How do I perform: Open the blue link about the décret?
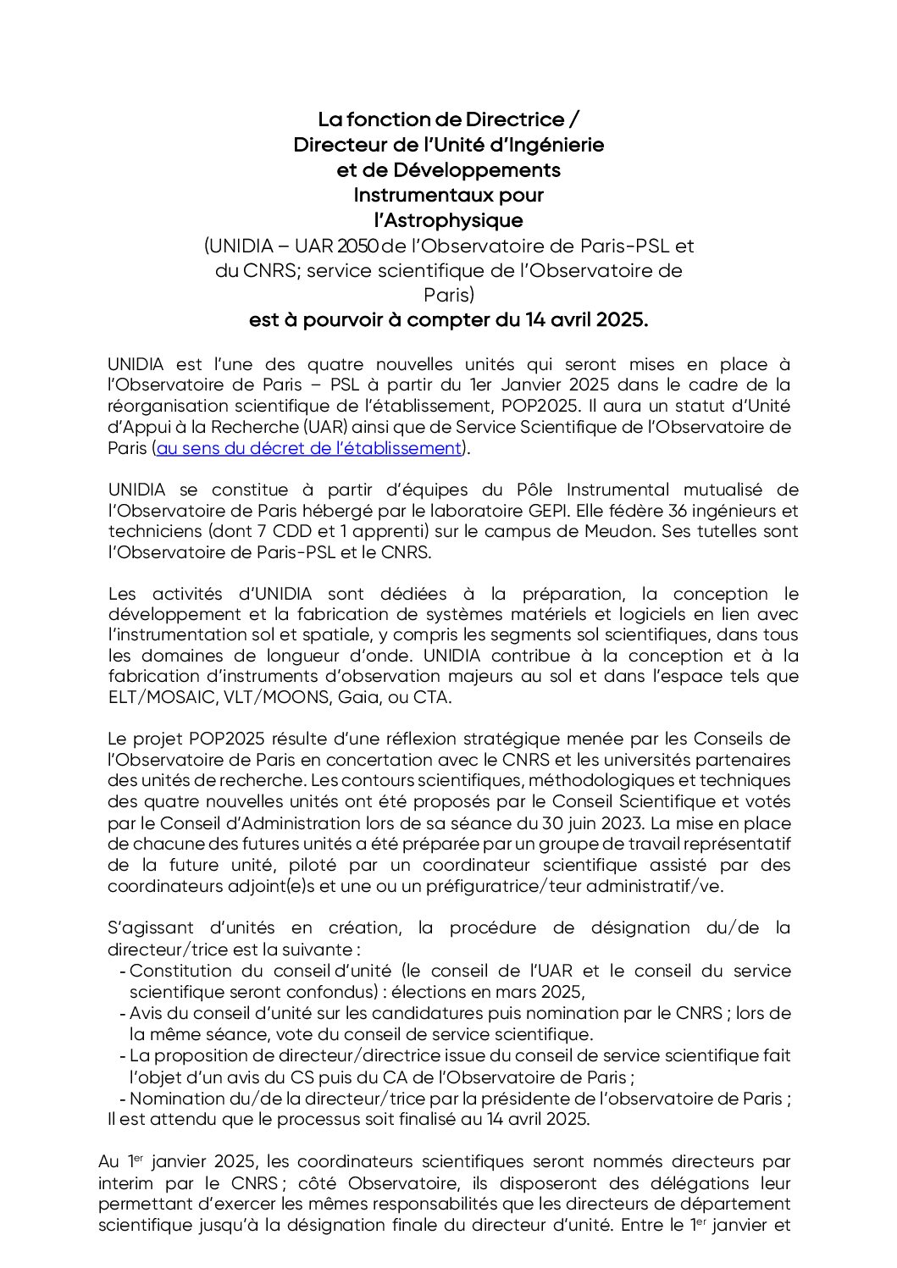(309, 448)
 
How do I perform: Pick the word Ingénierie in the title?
(559, 145)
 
